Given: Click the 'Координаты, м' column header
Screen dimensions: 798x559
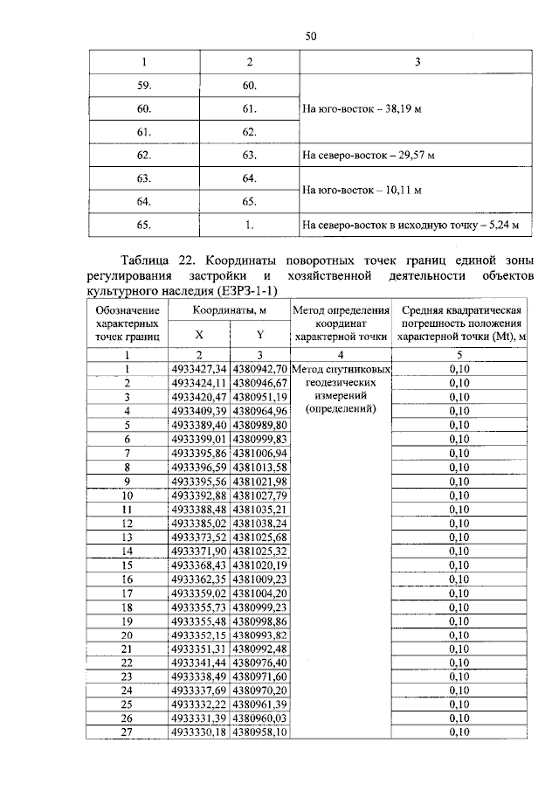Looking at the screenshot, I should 230,310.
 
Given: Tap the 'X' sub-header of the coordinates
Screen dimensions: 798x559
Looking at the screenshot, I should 199,335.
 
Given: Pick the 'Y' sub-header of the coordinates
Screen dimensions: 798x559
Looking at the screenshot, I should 259,335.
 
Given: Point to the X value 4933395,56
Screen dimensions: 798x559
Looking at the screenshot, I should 199,482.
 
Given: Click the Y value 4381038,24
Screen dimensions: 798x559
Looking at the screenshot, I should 259,523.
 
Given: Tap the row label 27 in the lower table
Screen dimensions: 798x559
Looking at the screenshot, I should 127,732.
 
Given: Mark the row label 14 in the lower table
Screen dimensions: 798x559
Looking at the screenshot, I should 127,551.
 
